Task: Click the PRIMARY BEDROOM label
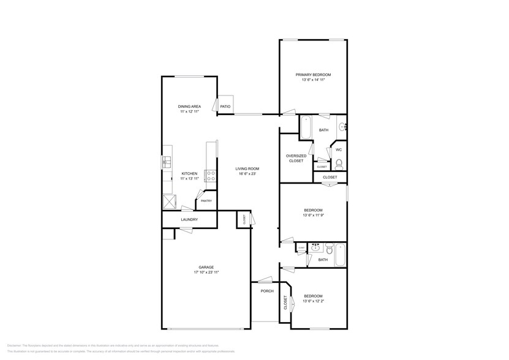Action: (313, 75)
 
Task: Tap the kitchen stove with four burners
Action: (210, 176)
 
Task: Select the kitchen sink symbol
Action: (166, 162)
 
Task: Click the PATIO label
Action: (225, 107)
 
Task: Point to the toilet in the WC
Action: (338, 163)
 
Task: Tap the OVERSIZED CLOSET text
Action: (296, 158)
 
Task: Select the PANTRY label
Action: (206, 200)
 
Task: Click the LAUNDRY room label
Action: (189, 219)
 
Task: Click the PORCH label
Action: (267, 291)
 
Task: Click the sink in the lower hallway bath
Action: (315, 249)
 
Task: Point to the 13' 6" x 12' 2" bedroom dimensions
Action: (313, 301)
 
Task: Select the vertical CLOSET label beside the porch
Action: (285, 303)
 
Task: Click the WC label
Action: (338, 149)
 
